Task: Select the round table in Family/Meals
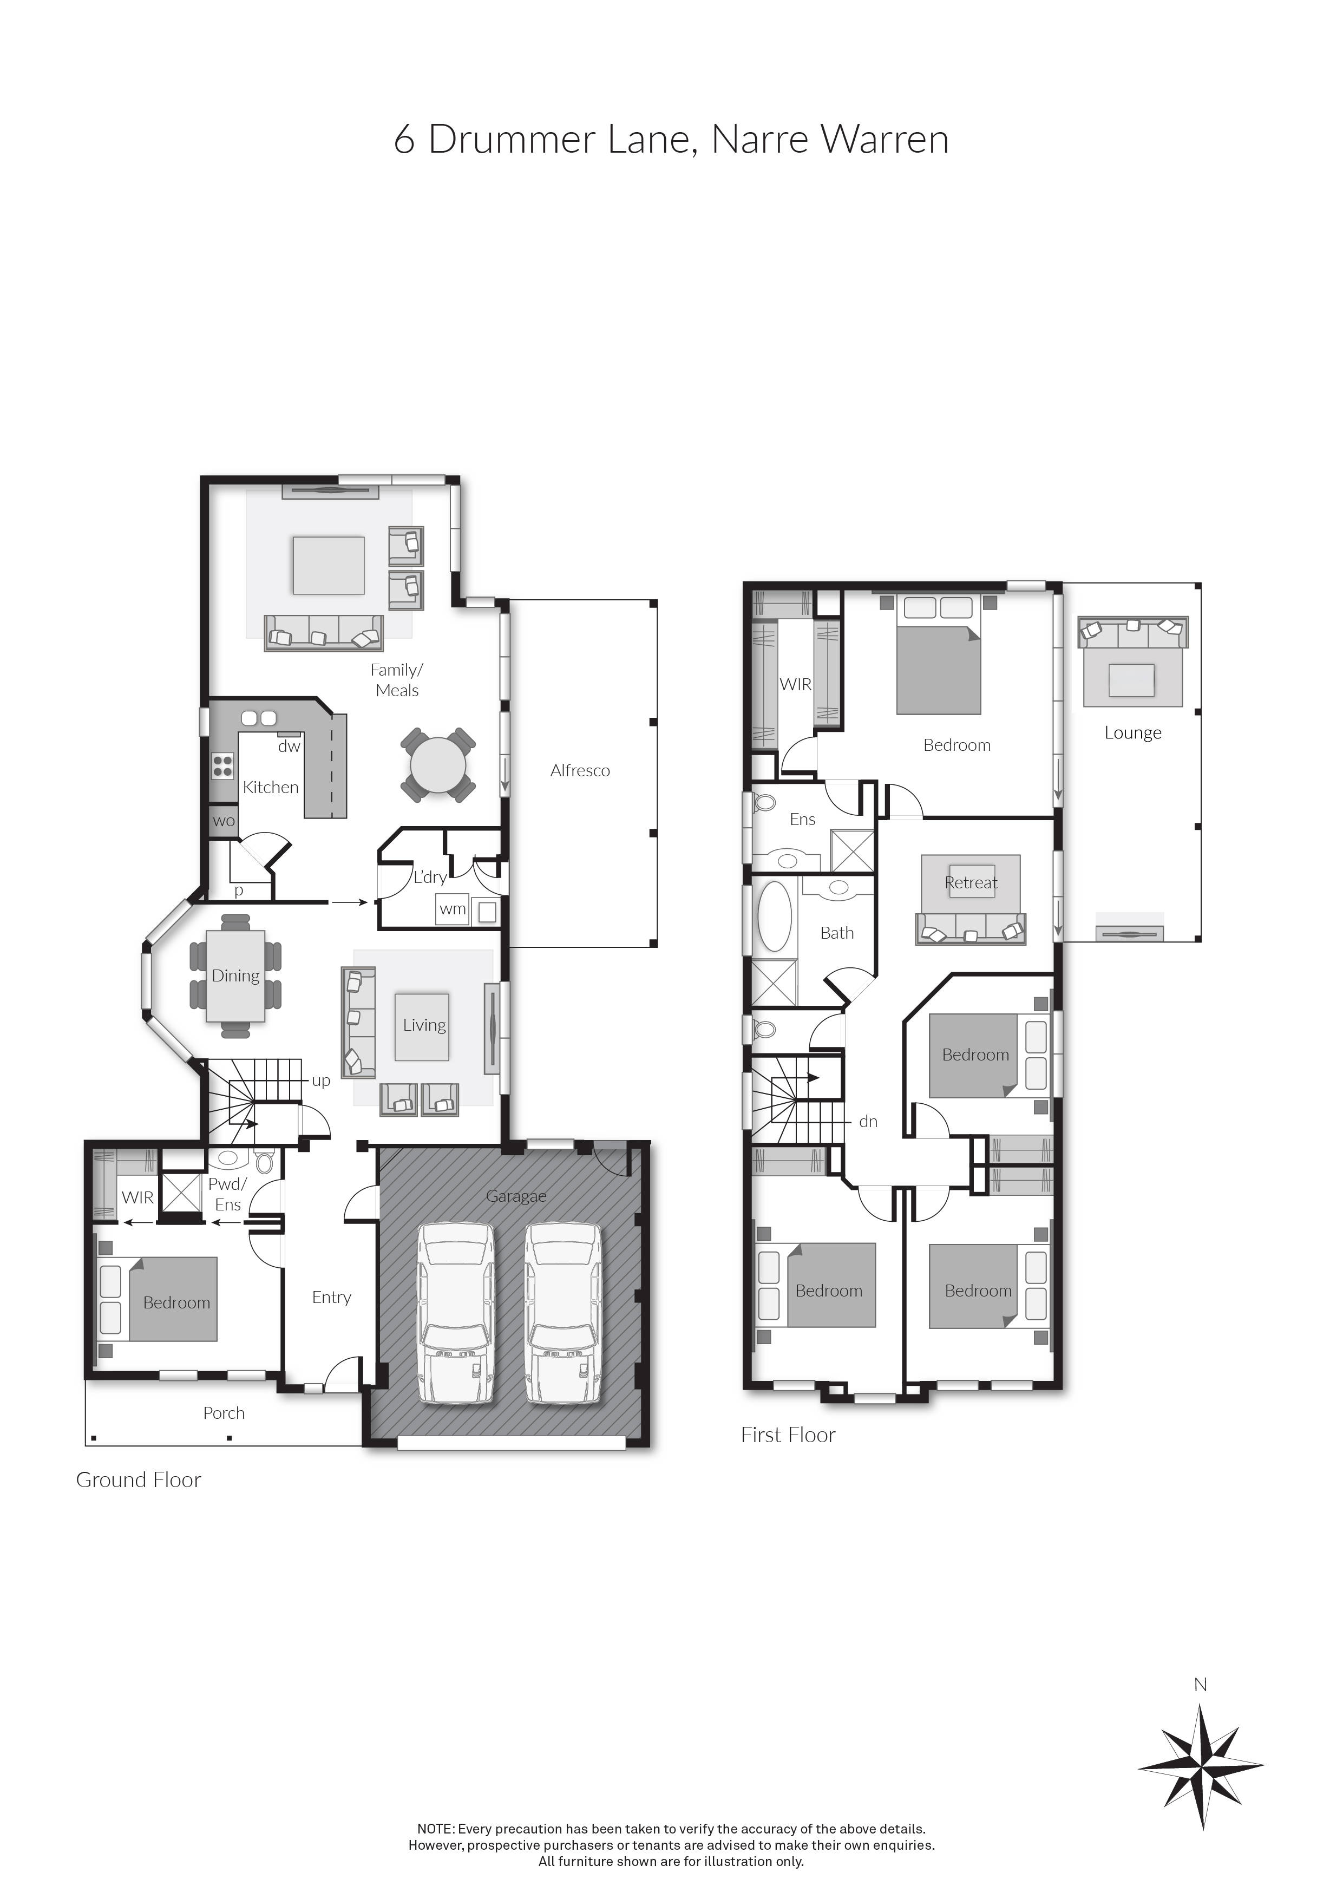coord(437,764)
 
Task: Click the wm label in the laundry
coord(453,909)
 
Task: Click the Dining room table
coord(235,976)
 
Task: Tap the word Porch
coord(224,1413)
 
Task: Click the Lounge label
coord(1133,733)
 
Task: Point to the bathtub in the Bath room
coord(774,916)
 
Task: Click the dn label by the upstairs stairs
coord(868,1122)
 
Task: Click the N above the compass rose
coord(1201,1685)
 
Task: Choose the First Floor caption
coord(788,1435)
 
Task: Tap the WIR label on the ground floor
coord(137,1197)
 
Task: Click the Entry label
coord(332,1298)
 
